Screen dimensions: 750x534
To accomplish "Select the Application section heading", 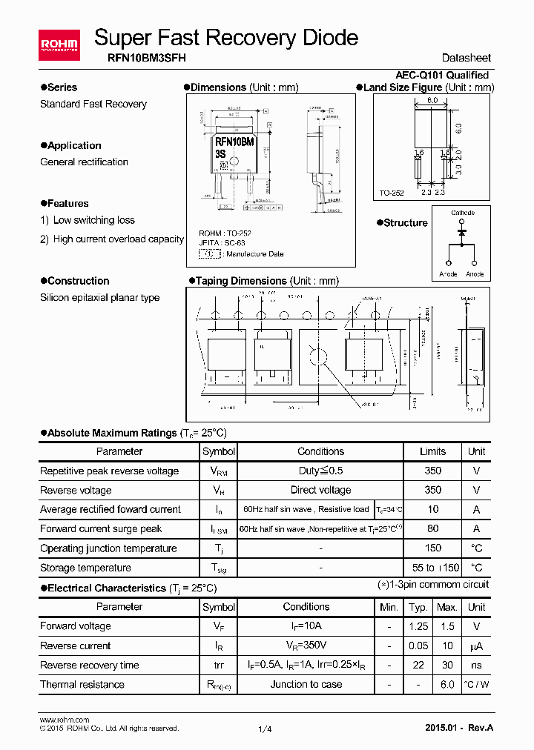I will [x=74, y=145].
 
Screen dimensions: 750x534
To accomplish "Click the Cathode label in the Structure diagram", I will [x=463, y=213].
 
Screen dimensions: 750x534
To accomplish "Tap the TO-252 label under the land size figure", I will [x=392, y=193].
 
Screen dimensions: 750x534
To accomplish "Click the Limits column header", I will [x=432, y=451].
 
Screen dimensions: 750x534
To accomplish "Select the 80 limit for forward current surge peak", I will [x=432, y=528].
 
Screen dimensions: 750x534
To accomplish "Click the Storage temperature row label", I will [x=85, y=568].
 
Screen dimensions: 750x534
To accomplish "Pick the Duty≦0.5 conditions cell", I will [x=320, y=471].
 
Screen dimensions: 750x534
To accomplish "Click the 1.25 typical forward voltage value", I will [x=419, y=626].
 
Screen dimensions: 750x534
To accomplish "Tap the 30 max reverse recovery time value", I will [x=446, y=665].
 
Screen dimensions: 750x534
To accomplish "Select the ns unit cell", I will [x=476, y=665].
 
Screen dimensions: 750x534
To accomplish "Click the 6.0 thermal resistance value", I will [x=446, y=684].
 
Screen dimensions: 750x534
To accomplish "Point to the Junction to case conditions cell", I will [x=306, y=684].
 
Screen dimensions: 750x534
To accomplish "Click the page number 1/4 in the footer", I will [x=265, y=729].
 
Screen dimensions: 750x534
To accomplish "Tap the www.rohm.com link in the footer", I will [x=64, y=720].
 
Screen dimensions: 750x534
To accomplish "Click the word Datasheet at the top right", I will [x=466, y=58].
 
